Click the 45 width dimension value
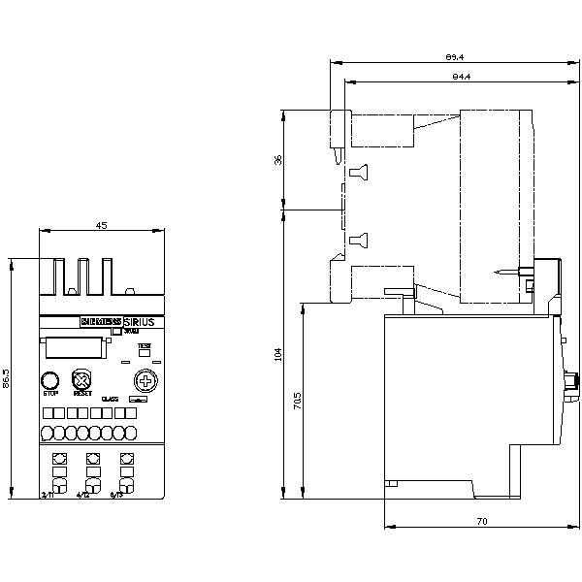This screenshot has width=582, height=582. tap(100, 226)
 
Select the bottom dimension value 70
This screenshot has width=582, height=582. tap(482, 522)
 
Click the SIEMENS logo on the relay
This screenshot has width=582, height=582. tap(100, 321)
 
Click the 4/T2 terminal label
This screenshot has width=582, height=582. tap(83, 495)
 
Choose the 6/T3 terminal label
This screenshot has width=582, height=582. tap(117, 495)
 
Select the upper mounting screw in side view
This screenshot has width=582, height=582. tap(357, 173)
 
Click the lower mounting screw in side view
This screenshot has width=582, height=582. tap(357, 239)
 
